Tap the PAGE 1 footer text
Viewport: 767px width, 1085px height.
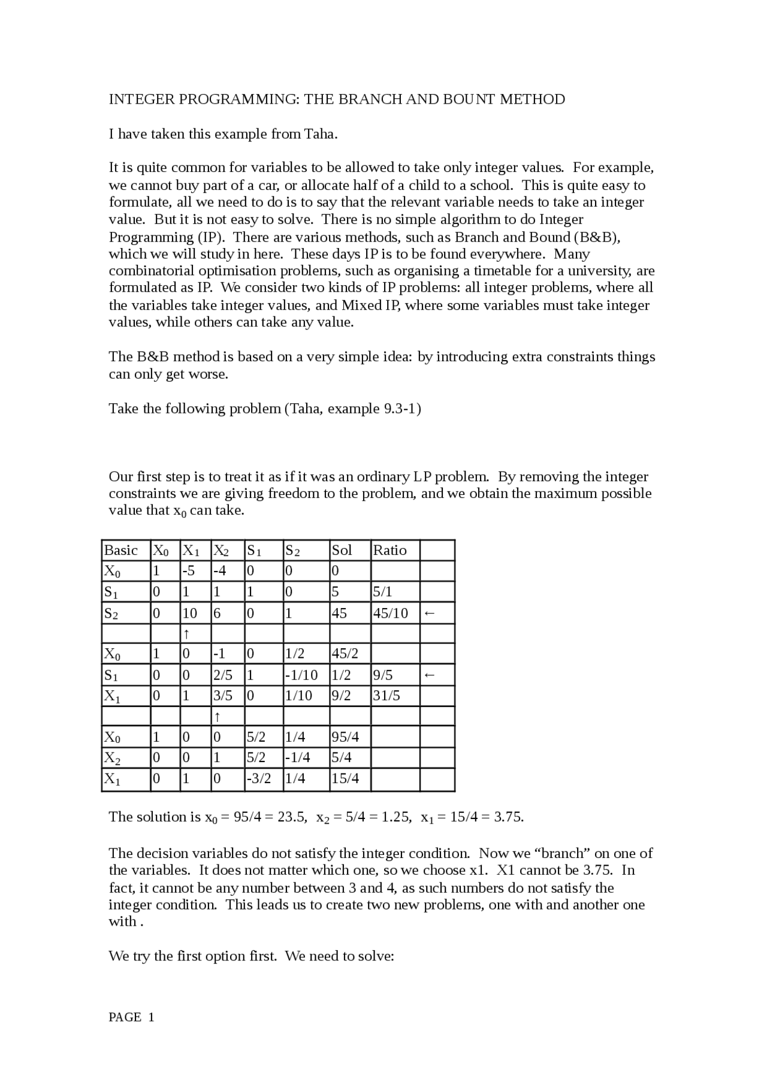[x=131, y=1017]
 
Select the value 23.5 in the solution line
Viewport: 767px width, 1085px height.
[x=292, y=817]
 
